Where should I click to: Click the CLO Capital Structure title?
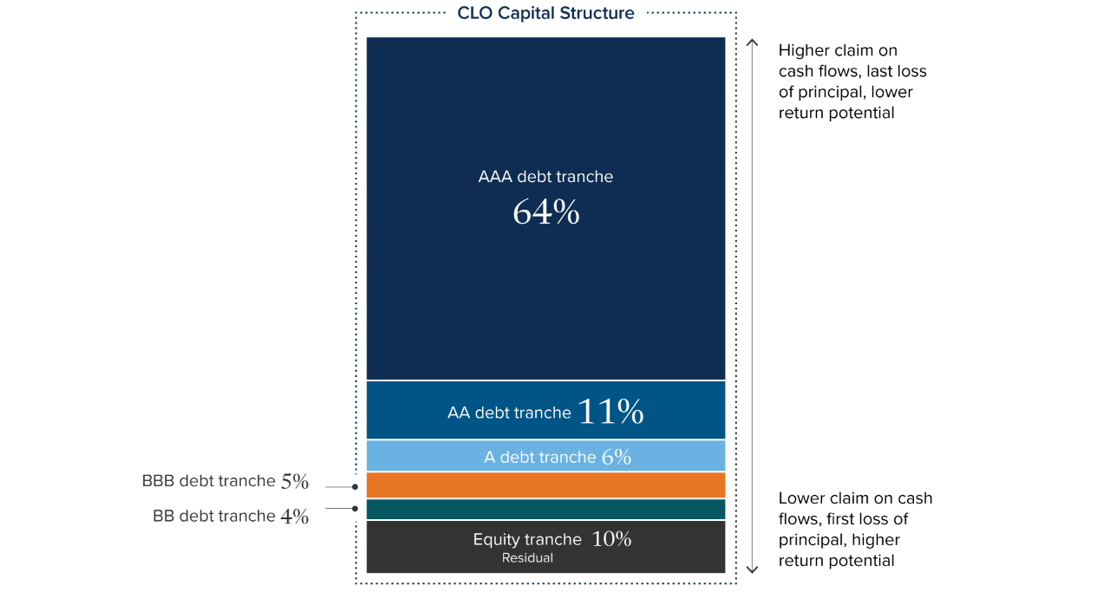tap(545, 13)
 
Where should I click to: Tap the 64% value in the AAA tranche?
tap(545, 212)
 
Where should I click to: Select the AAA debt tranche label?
tap(545, 177)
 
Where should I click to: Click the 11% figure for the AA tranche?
tap(610, 412)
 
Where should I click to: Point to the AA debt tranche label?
tap(509, 413)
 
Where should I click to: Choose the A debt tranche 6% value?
tap(616, 457)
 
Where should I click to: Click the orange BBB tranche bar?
tap(545, 485)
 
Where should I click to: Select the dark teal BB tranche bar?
tap(545, 510)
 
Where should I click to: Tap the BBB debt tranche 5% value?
tap(295, 481)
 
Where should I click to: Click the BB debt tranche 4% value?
tap(295, 517)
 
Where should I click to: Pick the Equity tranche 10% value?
tap(611, 539)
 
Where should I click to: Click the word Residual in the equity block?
tap(527, 558)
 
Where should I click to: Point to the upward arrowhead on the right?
tap(752, 42)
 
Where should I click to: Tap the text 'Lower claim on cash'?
tap(855, 498)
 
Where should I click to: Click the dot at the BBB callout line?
tap(356, 487)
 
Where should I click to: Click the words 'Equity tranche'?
tap(526, 539)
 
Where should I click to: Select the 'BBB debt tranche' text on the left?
tap(207, 481)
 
